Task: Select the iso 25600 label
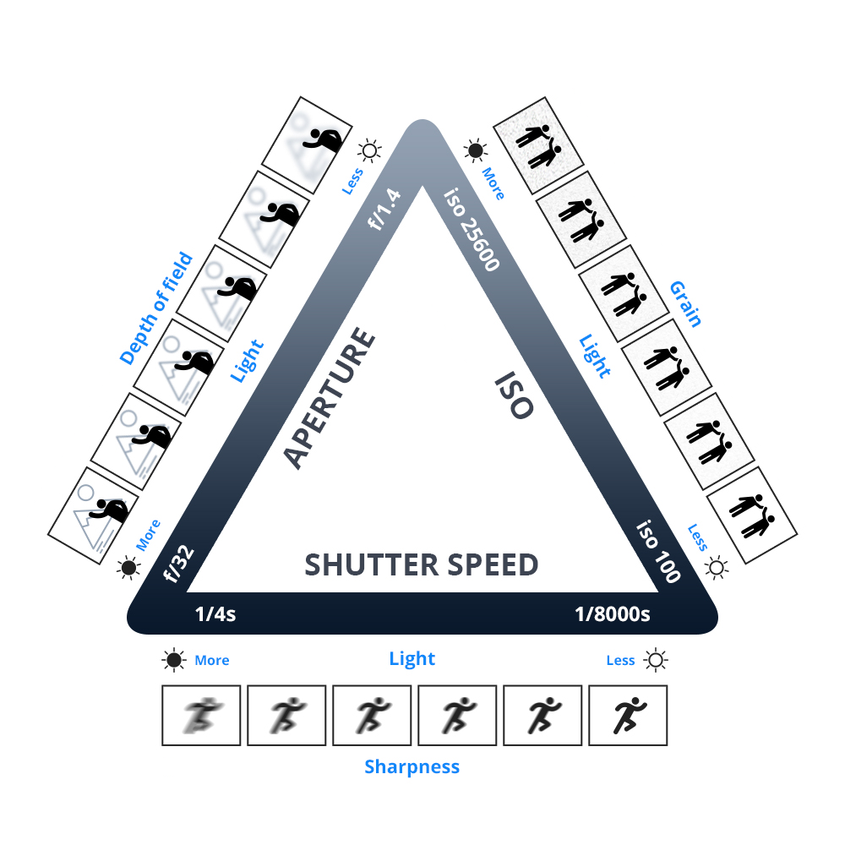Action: tap(471, 228)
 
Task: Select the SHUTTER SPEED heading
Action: tap(421, 564)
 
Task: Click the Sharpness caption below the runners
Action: tap(412, 767)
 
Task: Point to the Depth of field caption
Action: tap(156, 309)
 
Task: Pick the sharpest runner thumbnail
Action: tap(627, 715)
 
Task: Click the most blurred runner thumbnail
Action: tap(201, 715)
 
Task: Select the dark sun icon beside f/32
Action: tap(128, 568)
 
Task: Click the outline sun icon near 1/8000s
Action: tap(656, 660)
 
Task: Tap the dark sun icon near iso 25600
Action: tap(476, 151)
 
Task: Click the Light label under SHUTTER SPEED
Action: tap(412, 659)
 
